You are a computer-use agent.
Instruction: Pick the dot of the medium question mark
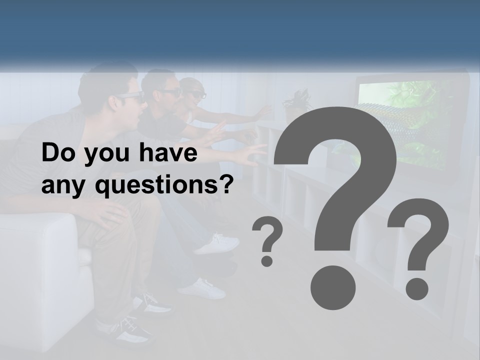click(x=416, y=288)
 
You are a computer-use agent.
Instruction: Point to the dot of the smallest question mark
click(x=267, y=260)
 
